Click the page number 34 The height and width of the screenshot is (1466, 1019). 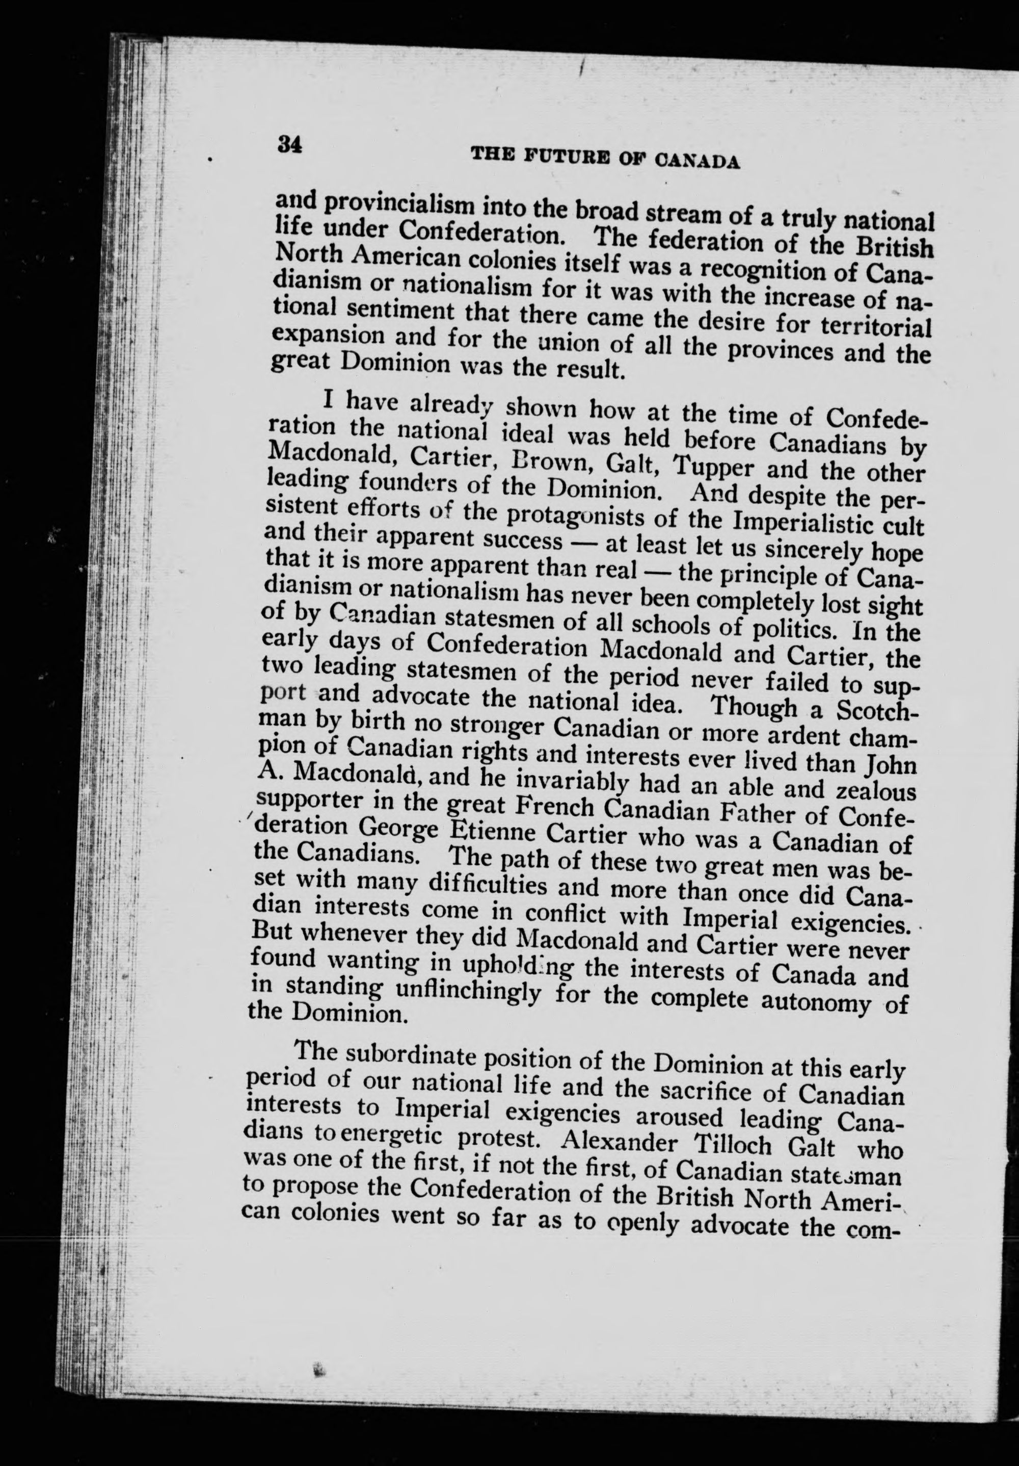pos(288,145)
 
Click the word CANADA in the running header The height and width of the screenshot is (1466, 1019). pos(698,160)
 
